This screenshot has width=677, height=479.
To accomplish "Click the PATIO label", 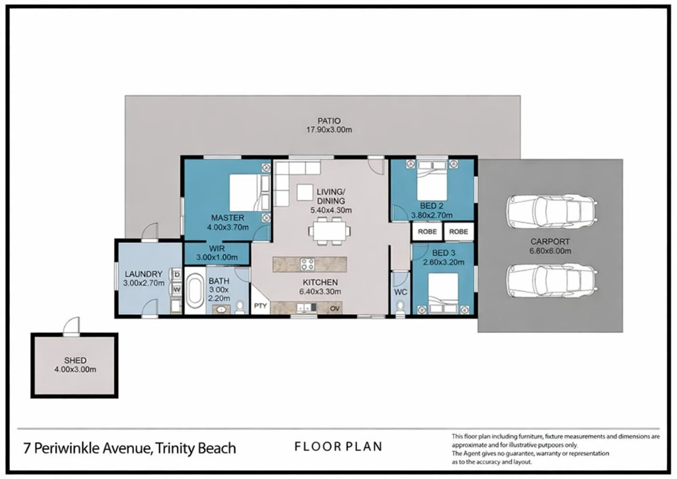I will [329, 121].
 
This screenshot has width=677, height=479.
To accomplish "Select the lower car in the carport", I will [552, 280].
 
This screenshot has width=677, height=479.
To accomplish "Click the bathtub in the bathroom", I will [195, 291].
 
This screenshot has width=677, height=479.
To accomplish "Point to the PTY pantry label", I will [260, 306].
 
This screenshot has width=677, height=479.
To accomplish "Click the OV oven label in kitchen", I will [335, 308].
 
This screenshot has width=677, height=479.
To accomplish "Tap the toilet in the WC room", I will [400, 306].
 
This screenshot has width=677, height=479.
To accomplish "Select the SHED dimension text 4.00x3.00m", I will [75, 370].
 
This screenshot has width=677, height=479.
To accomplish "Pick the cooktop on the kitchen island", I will [308, 264].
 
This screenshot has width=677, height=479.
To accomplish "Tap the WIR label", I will [217, 249].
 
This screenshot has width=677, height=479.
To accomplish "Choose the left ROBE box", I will [427, 232].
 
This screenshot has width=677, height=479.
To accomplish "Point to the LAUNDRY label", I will [143, 274].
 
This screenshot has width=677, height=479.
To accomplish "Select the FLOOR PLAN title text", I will [338, 447].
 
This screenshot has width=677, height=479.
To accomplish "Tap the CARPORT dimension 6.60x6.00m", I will [550, 251].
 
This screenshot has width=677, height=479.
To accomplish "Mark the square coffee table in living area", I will [305, 192].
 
